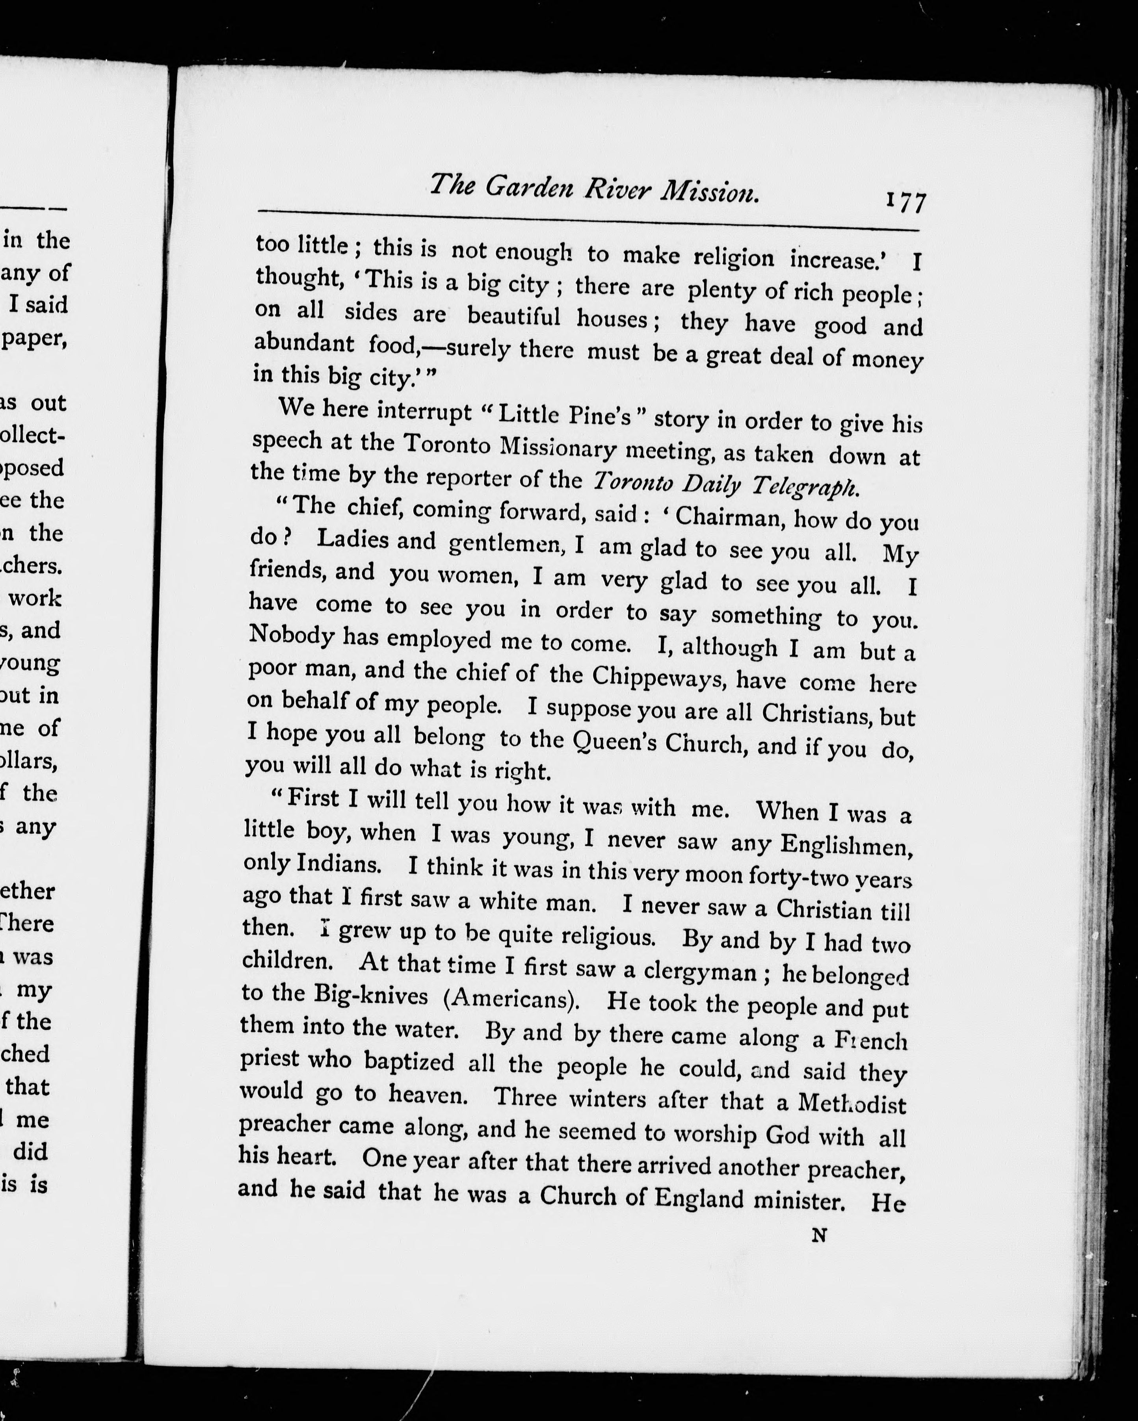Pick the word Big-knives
[370, 994]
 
